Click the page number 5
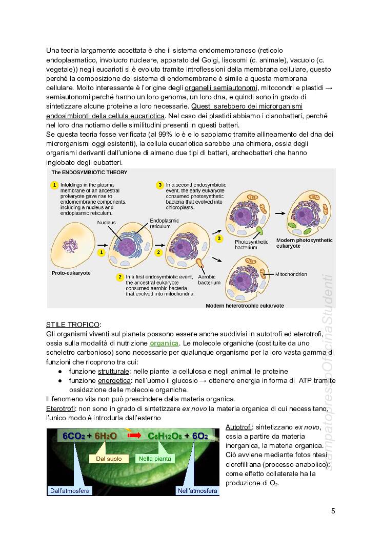point(333,511)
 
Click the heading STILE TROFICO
point(73,325)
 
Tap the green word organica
point(164,343)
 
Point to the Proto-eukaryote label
point(71,273)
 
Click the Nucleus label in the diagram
point(107,223)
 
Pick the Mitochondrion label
point(291,274)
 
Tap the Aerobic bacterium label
point(209,279)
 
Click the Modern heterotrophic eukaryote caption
point(245,306)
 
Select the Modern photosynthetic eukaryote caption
point(304,243)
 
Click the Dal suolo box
point(109,459)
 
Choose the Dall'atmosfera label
point(70,491)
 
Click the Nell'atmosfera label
point(197,491)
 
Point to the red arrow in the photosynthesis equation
point(133,436)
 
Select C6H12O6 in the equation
point(165,436)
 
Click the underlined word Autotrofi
point(238,427)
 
